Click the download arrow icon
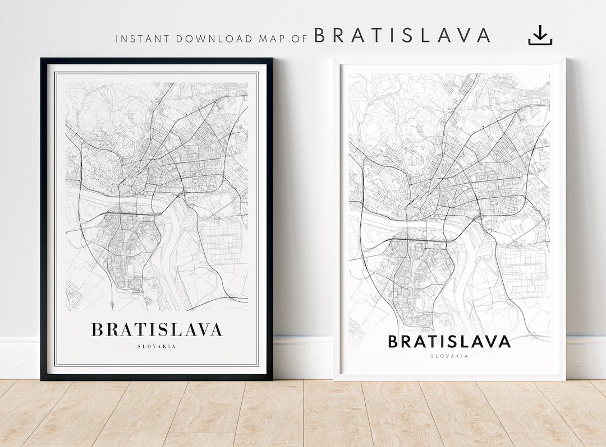tap(540, 36)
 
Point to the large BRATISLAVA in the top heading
tap(402, 35)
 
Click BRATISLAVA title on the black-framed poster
tap(157, 329)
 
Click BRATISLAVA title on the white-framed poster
tap(449, 341)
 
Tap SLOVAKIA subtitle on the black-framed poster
tap(157, 346)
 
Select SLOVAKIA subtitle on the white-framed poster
tap(449, 356)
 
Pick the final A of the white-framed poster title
tap(504, 341)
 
